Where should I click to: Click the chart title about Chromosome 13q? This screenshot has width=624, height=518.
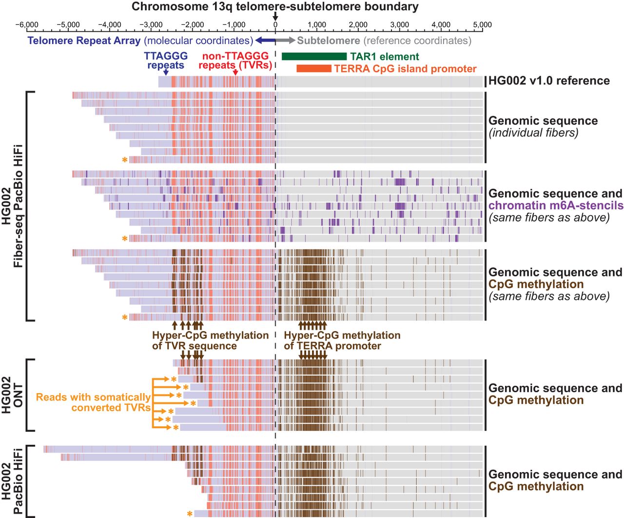click(275, 7)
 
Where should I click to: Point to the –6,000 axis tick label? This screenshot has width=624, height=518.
click(26, 25)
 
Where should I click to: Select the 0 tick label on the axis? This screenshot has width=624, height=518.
click(275, 25)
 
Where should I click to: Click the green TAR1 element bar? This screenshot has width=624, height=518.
click(314, 57)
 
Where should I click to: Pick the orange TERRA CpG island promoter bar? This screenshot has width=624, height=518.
click(314, 69)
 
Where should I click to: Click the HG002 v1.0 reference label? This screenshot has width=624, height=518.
click(549, 81)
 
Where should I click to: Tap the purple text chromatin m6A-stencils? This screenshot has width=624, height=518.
click(556, 206)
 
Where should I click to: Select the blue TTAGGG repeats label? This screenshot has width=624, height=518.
click(166, 61)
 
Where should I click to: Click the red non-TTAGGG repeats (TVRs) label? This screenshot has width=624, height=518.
click(235, 61)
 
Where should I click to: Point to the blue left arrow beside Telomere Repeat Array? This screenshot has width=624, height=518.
click(265, 40)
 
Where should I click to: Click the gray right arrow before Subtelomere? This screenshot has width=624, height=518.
click(286, 40)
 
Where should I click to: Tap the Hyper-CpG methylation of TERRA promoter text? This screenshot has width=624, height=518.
click(342, 340)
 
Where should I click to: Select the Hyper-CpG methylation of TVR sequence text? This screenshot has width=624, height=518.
click(210, 340)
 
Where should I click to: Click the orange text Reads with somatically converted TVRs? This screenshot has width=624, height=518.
click(93, 402)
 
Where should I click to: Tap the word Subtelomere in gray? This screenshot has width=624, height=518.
click(329, 41)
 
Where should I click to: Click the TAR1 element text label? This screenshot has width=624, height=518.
click(384, 57)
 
